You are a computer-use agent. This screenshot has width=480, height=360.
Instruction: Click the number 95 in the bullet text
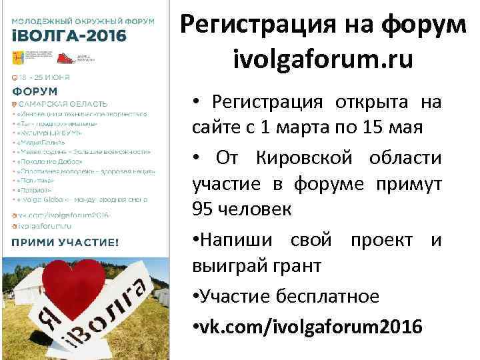tap(203, 209)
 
